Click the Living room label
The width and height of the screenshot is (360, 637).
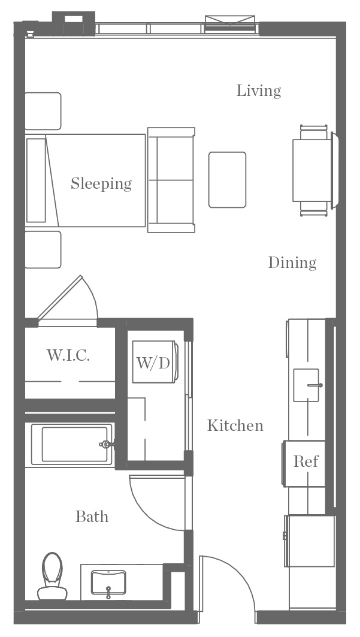pyautogui.click(x=259, y=91)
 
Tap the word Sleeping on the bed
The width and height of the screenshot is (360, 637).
pyautogui.click(x=101, y=183)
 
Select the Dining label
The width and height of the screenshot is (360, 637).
pyautogui.click(x=292, y=262)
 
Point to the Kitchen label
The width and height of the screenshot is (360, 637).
pyautogui.click(x=235, y=425)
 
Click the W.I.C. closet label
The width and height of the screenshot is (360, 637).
pyautogui.click(x=68, y=355)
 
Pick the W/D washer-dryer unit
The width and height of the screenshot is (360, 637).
pyautogui.click(x=155, y=362)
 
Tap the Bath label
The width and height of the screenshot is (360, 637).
pyautogui.click(x=92, y=517)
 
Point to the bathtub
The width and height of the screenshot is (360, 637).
pyautogui.click(x=72, y=444)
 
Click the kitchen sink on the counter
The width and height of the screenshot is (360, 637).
pyautogui.click(x=307, y=385)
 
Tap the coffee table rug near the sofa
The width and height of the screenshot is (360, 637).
pyautogui.click(x=227, y=180)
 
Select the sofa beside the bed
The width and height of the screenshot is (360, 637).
pyautogui.click(x=171, y=180)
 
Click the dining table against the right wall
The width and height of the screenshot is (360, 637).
pyautogui.click(x=312, y=170)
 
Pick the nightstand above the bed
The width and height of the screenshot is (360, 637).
pyautogui.click(x=43, y=111)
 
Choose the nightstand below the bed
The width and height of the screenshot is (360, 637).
pyautogui.click(x=43, y=250)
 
